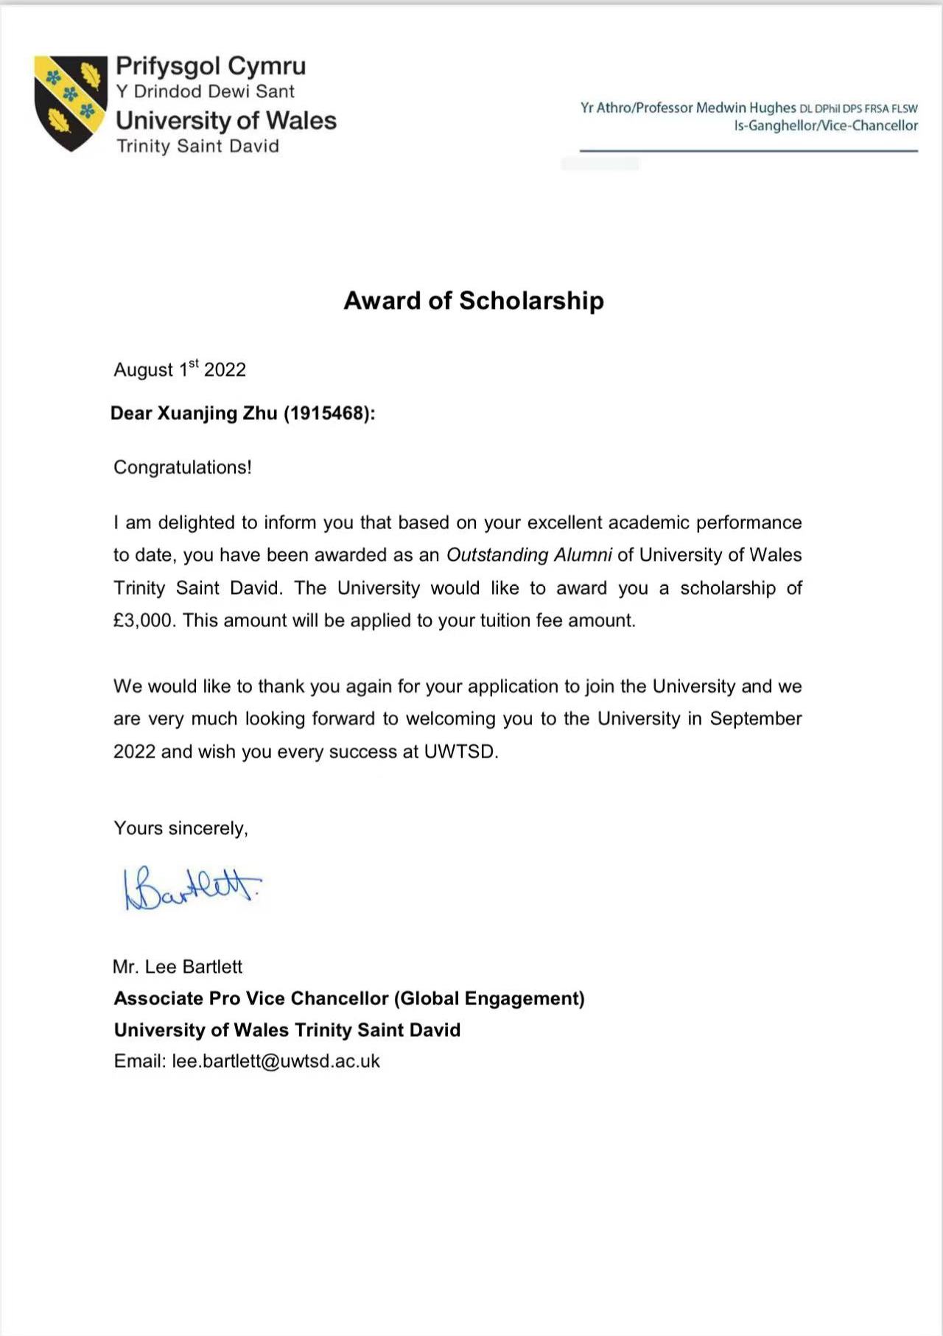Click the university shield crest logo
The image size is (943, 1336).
point(71,102)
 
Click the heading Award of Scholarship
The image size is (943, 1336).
point(474,301)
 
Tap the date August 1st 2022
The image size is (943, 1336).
point(180,368)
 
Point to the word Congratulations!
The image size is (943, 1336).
point(183,468)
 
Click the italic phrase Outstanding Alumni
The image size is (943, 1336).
point(529,555)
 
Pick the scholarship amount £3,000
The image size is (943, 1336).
point(144,620)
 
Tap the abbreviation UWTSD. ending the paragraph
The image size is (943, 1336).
point(461,752)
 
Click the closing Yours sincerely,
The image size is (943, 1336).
point(180,828)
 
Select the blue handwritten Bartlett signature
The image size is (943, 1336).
point(192,887)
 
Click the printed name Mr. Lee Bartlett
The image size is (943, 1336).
point(178,967)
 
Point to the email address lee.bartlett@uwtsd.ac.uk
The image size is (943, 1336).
point(276,1061)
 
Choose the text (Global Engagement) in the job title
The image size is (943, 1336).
point(489,998)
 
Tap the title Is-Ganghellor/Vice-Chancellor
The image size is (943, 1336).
point(825,126)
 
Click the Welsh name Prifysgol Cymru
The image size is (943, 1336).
point(211,66)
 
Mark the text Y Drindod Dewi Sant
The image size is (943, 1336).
point(205,91)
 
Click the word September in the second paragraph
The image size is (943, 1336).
point(755,719)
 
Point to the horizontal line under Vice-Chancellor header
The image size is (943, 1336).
point(749,151)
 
